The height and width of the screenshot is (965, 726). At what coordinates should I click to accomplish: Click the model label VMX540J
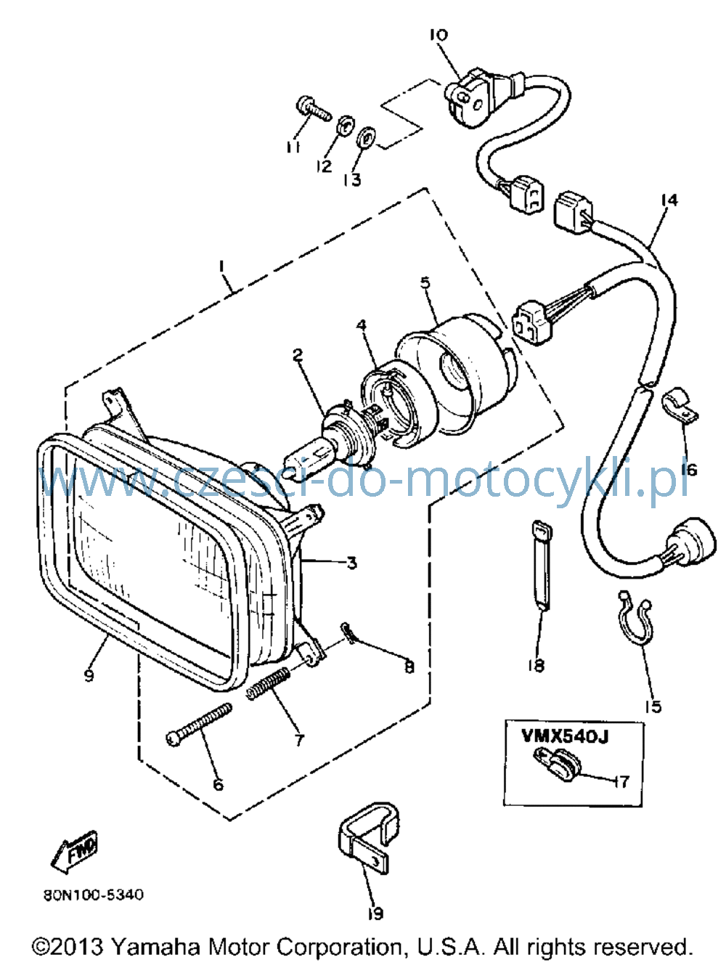tap(565, 736)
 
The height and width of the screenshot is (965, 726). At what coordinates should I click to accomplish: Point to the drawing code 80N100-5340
tap(94, 895)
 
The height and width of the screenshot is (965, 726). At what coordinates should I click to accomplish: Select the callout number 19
tap(376, 913)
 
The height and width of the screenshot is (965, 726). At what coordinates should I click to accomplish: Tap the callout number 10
tap(439, 34)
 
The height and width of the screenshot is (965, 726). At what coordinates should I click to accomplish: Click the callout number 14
tap(669, 200)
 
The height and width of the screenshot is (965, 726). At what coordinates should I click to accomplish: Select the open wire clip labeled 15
tap(635, 630)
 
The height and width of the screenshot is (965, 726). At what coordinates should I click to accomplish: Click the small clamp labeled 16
tap(680, 405)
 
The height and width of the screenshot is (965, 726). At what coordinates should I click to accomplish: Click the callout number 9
tap(89, 675)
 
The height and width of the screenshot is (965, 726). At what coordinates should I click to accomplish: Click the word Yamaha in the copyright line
tap(155, 946)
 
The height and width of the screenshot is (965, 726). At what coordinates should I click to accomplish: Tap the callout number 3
tap(351, 563)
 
